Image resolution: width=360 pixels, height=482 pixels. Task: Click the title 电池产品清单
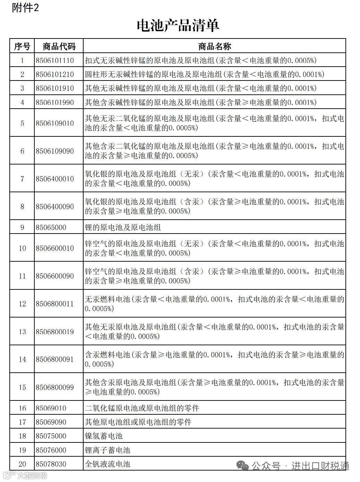click(x=178, y=25)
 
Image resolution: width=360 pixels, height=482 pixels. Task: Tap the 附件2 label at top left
click(x=25, y=8)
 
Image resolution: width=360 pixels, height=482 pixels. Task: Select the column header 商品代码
click(x=59, y=46)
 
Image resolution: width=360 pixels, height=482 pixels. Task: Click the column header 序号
click(x=22, y=46)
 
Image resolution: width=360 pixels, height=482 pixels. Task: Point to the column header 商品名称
click(x=214, y=46)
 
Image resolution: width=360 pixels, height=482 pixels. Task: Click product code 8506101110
click(x=55, y=60)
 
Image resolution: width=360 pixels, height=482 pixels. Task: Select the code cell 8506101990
click(x=55, y=102)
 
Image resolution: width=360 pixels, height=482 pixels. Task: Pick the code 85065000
click(x=51, y=228)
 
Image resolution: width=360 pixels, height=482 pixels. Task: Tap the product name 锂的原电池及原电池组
click(x=123, y=228)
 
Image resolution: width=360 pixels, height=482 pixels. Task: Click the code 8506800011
click(x=55, y=304)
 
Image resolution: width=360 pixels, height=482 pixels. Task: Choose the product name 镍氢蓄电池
click(x=104, y=436)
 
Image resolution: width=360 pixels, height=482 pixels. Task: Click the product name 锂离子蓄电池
click(x=108, y=450)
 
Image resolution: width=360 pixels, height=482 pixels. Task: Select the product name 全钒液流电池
click(x=108, y=464)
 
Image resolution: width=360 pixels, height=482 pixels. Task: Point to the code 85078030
click(x=51, y=464)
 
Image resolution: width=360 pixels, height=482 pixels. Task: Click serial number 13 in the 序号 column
click(x=22, y=332)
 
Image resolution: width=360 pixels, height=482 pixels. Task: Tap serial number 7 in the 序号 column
click(x=22, y=179)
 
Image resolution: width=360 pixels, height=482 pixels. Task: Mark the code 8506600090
click(x=55, y=276)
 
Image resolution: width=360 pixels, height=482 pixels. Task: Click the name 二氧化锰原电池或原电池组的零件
click(x=142, y=408)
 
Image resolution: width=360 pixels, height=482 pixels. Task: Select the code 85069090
click(x=51, y=422)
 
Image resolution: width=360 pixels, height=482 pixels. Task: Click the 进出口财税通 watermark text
click(x=320, y=466)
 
